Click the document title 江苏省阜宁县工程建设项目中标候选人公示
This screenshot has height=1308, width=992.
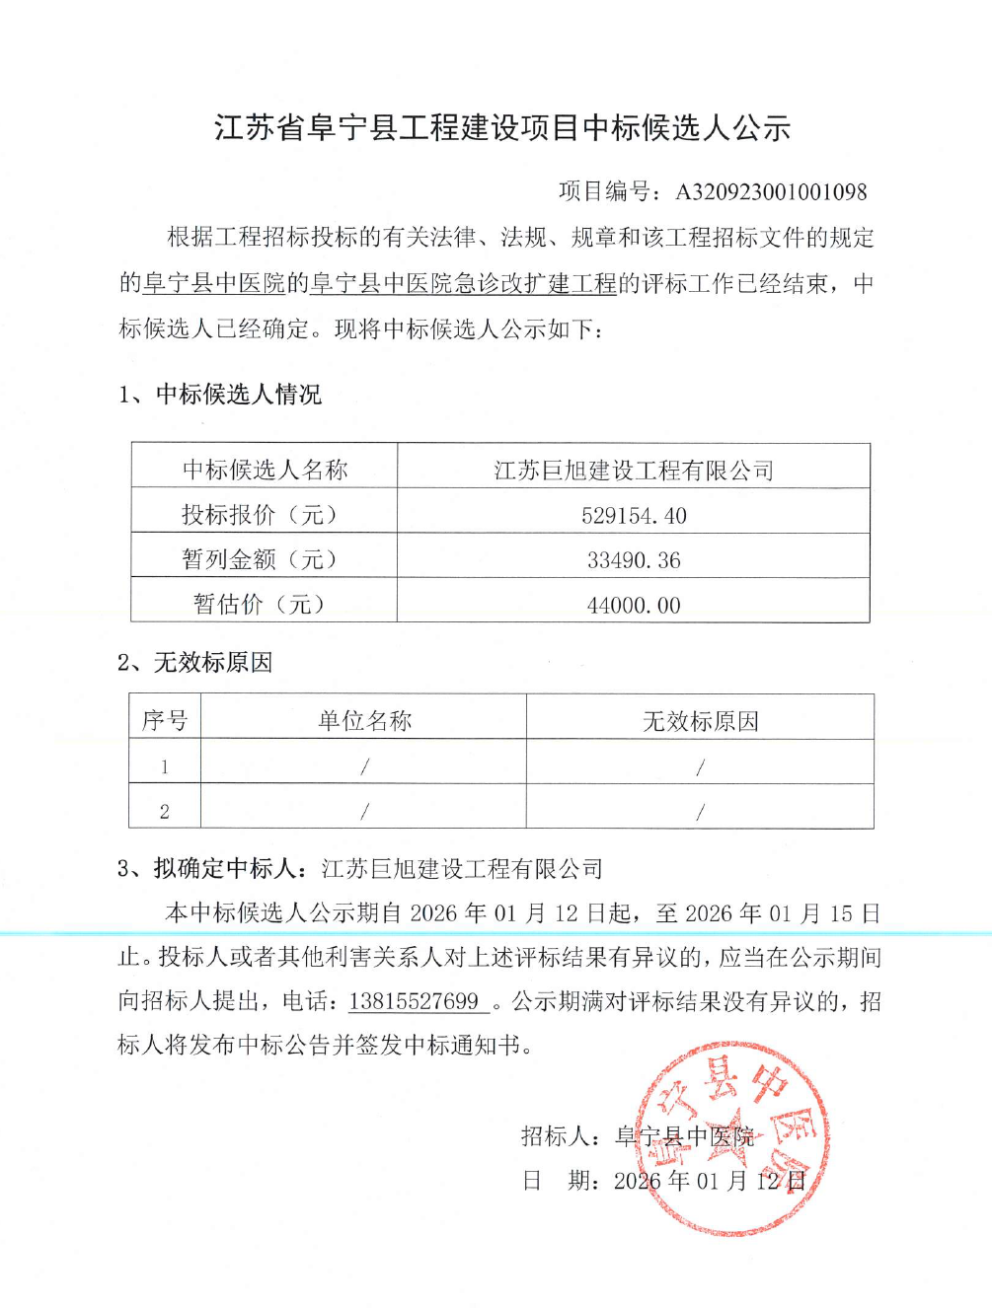tap(502, 128)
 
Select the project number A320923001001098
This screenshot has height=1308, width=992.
tap(771, 191)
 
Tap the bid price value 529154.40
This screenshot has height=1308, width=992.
tap(634, 515)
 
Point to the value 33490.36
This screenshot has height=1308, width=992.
tap(634, 560)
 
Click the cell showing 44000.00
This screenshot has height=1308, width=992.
tap(634, 605)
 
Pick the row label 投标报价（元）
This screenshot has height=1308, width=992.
tap(264, 515)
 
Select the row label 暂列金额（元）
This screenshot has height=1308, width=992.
tap(264, 559)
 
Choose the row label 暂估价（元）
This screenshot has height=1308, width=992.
tap(264, 604)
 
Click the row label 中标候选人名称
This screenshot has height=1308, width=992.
tap(265, 470)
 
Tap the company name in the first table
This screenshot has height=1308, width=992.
tap(634, 471)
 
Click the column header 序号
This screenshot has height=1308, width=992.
tap(165, 720)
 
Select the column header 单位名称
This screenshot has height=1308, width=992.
tap(364, 720)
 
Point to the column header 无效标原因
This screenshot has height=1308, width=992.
tap(700, 721)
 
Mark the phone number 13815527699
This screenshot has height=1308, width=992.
tap(415, 1001)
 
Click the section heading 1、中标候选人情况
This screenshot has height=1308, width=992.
tap(220, 395)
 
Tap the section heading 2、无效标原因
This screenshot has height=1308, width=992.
tap(194, 662)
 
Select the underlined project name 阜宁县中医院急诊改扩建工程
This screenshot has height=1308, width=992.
tap(463, 284)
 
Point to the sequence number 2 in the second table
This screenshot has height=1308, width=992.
tap(165, 811)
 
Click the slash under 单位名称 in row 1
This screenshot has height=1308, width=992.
tap(364, 766)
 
